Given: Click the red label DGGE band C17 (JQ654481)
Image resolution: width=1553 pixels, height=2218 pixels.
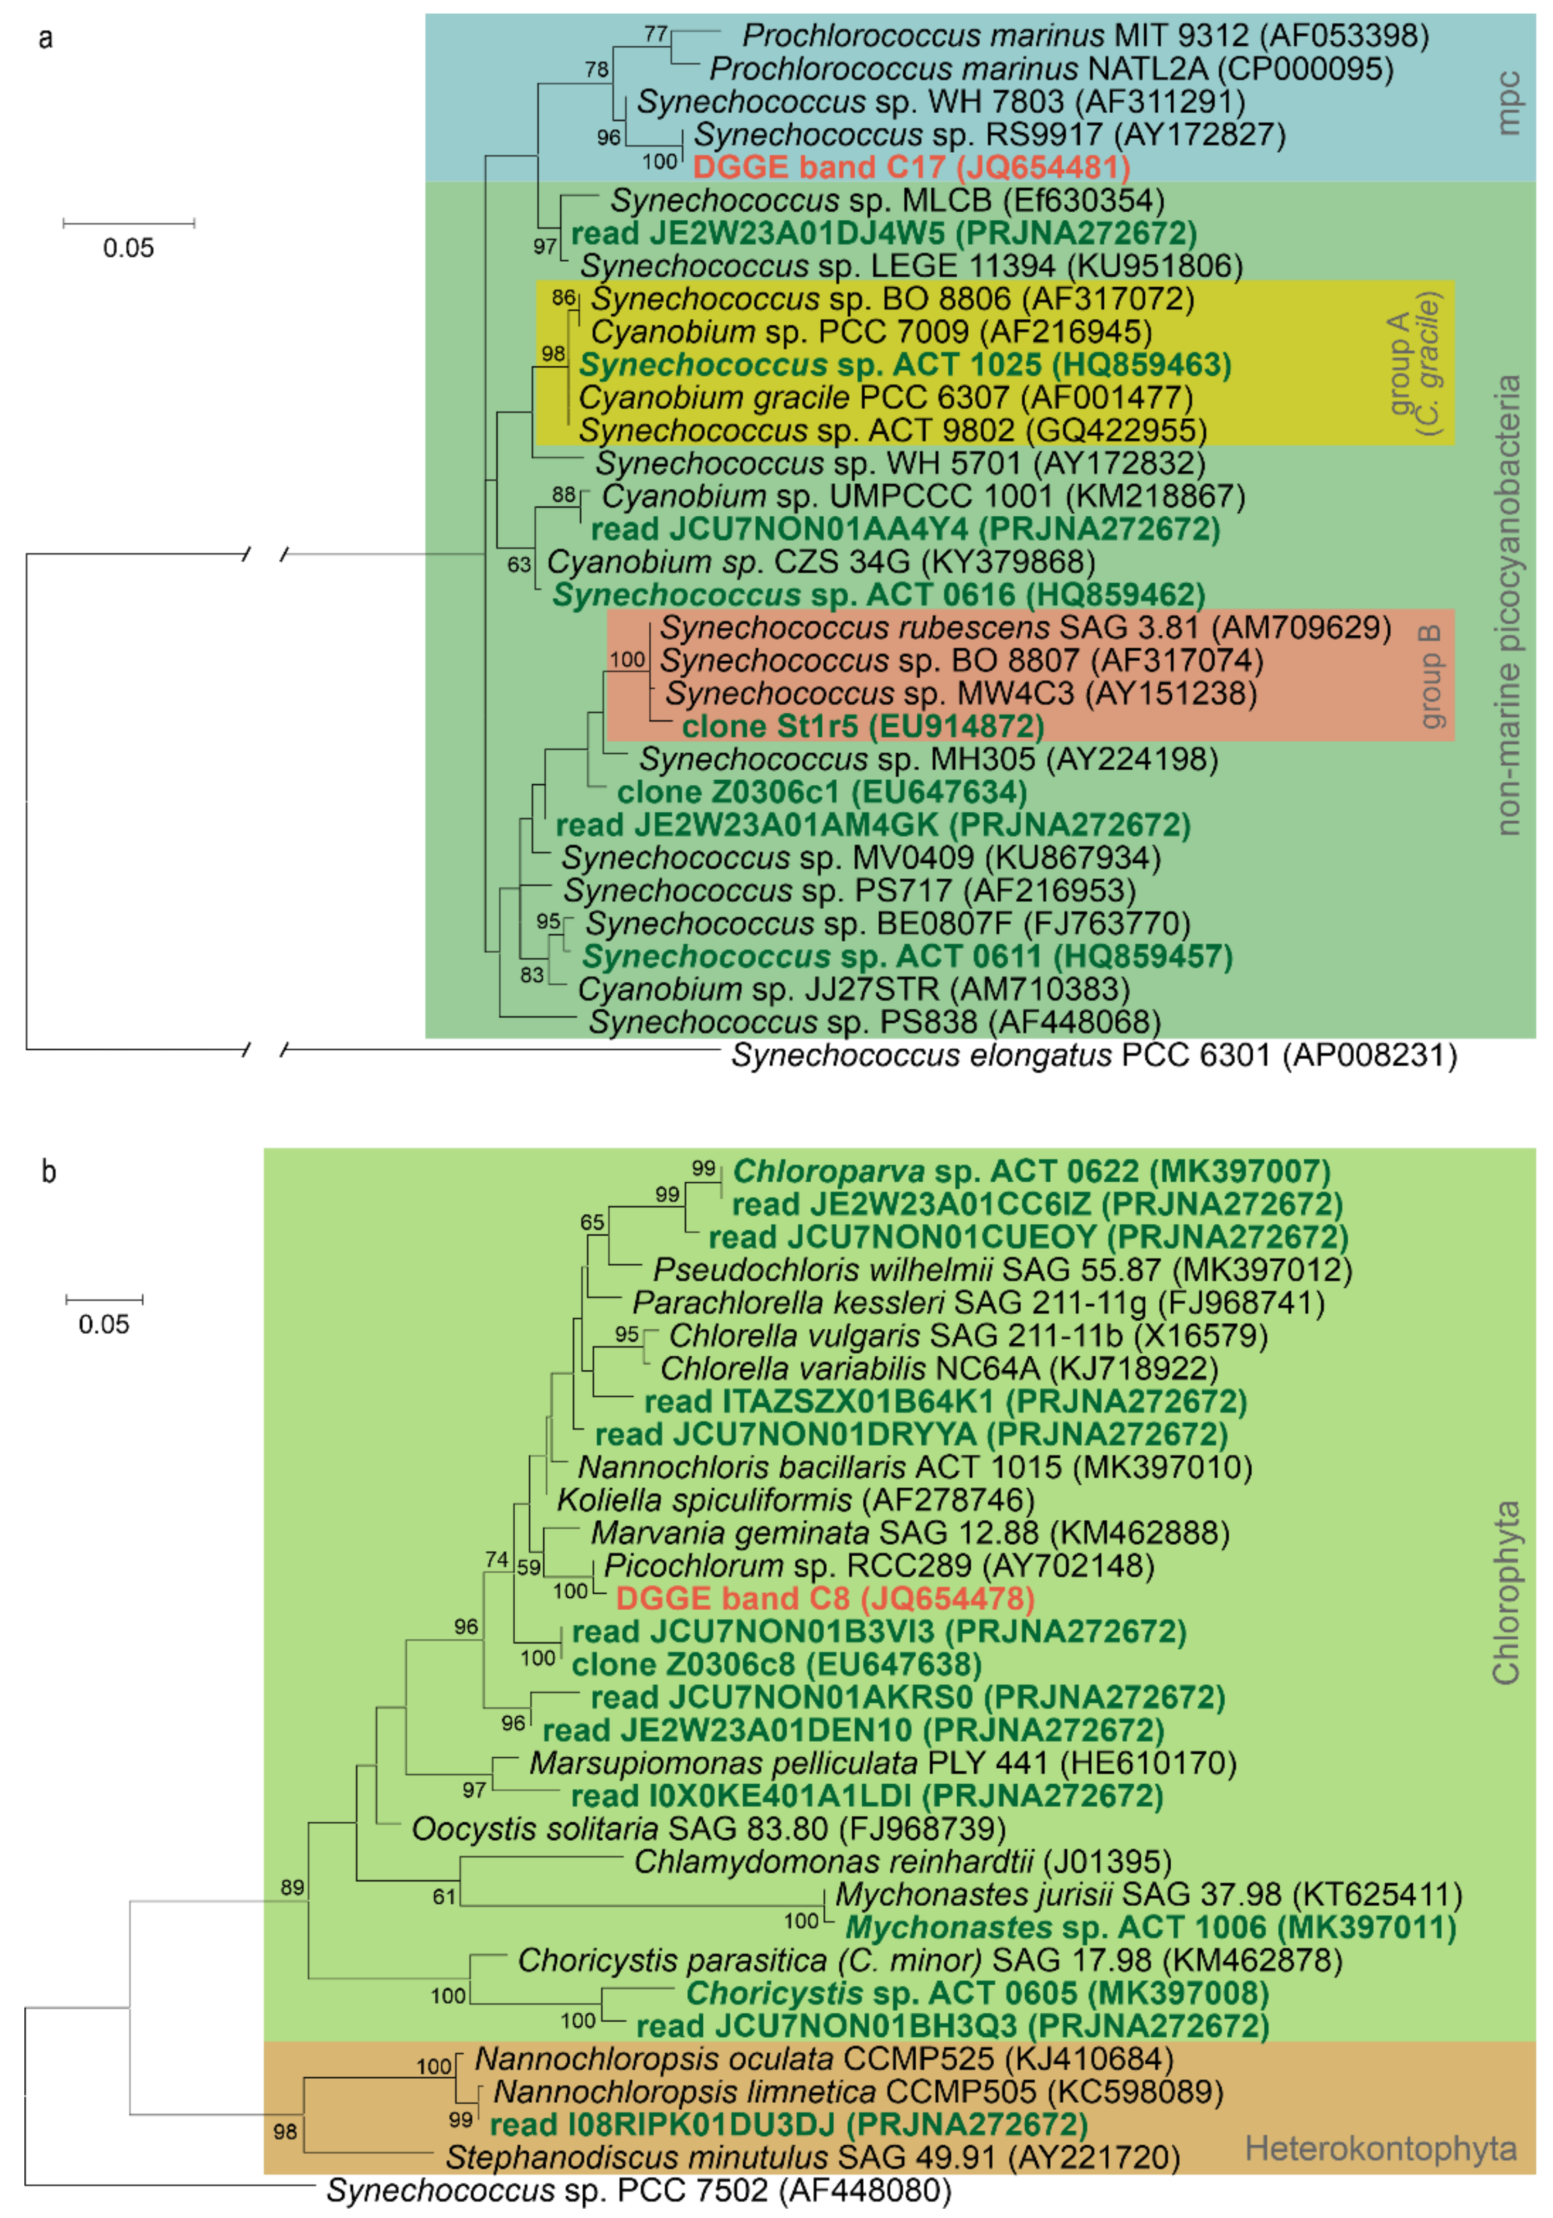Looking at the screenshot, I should coord(911,167).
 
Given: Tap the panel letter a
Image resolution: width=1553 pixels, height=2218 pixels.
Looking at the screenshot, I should coord(45,38).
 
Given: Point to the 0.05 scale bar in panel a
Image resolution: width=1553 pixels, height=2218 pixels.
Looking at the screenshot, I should coord(128,224).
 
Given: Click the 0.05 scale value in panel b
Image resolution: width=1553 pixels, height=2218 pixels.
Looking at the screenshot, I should coord(103,1324).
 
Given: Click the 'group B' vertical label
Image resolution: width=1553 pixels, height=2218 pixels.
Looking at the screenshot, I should coord(1431,676).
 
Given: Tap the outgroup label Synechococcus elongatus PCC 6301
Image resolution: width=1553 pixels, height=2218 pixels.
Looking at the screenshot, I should coord(1093,1055).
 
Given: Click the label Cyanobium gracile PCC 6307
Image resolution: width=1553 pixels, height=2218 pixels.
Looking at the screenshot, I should coord(886,397).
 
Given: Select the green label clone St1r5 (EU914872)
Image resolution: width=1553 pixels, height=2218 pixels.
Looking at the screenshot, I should coord(862,727).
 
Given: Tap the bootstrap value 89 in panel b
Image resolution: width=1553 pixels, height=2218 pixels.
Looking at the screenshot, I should coord(292,1887).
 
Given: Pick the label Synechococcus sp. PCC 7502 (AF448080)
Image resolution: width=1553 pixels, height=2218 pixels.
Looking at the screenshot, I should coord(637,2190).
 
